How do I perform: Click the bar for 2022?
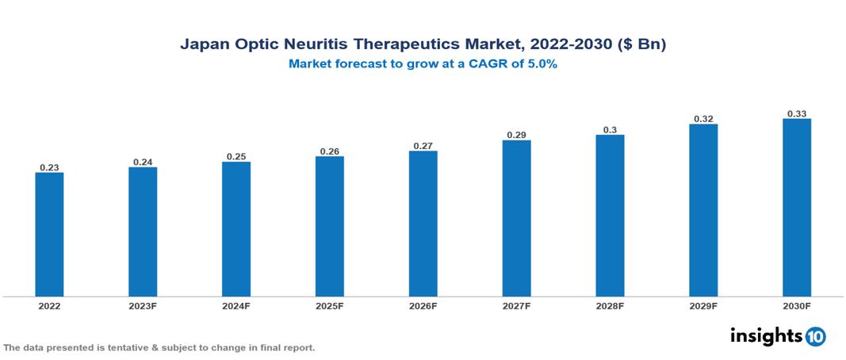49,235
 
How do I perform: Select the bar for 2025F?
329,227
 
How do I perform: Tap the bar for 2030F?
797,208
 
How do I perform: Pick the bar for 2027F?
516,219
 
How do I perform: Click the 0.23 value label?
49,167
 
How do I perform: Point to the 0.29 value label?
516,136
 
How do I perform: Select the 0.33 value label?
797,114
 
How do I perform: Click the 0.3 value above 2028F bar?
610,129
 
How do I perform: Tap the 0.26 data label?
329,151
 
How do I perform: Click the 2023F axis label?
143,305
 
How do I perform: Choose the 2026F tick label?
423,305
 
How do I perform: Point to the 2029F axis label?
703,305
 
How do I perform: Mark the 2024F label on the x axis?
236,305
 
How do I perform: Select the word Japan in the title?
203,45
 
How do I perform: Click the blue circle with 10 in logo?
815,336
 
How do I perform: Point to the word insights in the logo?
766,335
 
